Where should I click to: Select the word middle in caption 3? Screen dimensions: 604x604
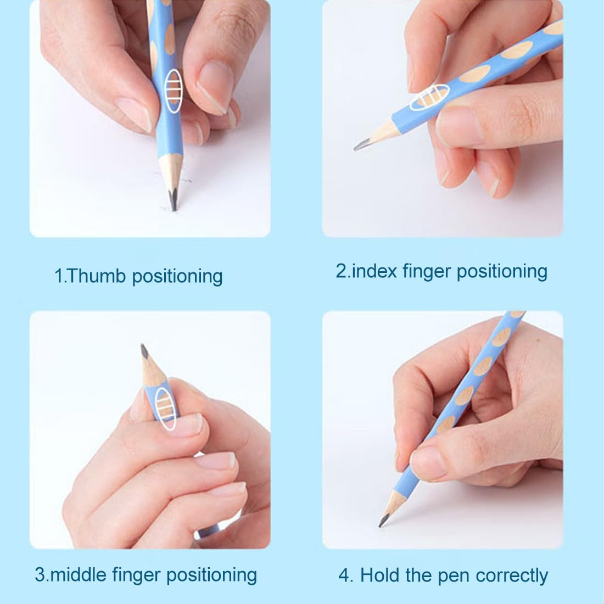tap(78, 574)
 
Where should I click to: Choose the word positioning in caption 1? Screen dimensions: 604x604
tap(177, 277)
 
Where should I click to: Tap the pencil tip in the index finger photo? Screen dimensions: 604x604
tap(355, 149)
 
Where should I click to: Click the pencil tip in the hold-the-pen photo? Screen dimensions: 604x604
tap(380, 525)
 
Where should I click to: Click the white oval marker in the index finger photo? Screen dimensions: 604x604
tap(429, 97)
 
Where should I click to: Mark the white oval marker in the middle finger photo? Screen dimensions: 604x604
tap(166, 409)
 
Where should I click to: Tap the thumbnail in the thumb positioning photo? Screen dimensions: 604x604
tap(135, 115)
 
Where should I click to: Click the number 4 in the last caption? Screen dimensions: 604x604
tap(345, 575)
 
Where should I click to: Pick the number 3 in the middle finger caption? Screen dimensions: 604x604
tap(40, 575)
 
